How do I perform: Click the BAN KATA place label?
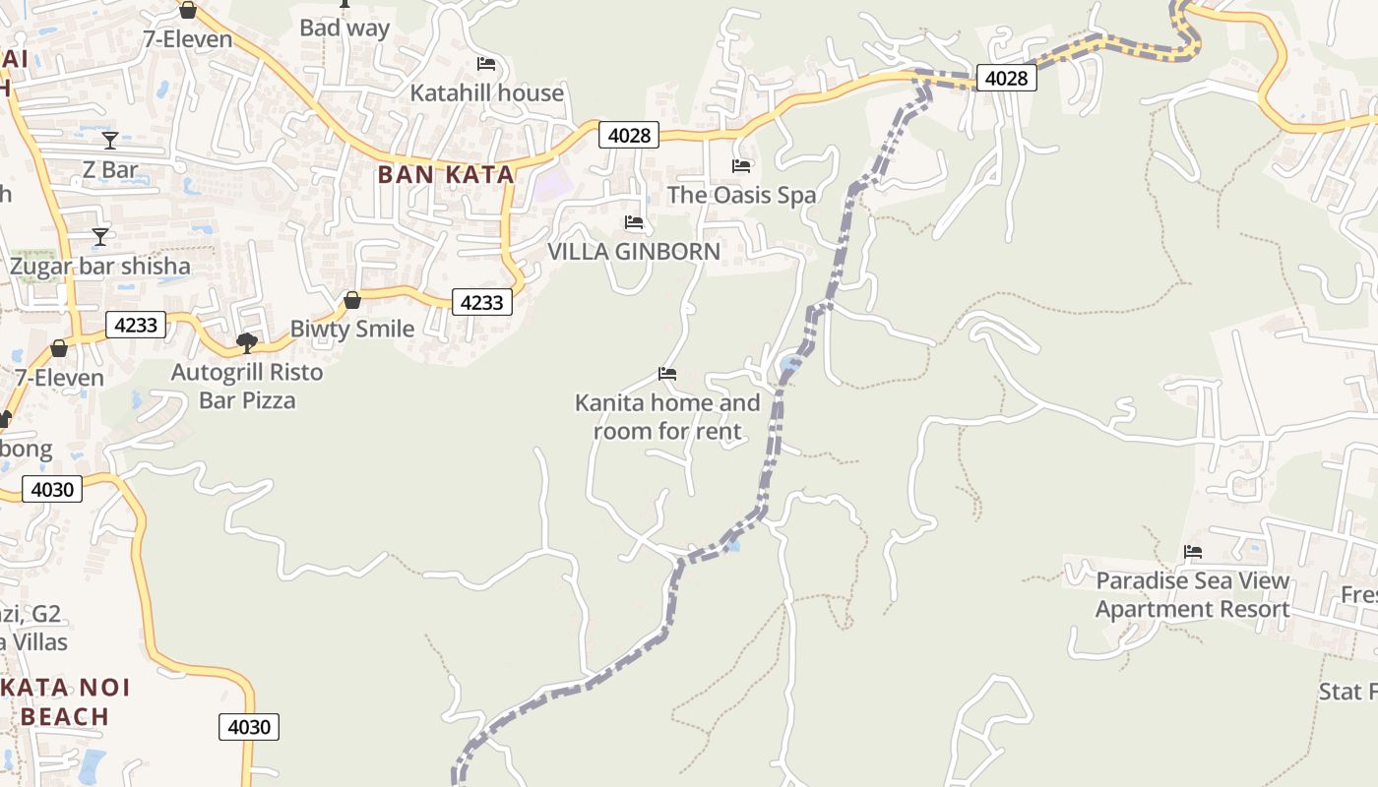click(x=446, y=175)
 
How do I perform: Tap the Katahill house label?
click(x=486, y=93)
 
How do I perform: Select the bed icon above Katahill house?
click(x=486, y=64)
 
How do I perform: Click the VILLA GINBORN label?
click(x=634, y=251)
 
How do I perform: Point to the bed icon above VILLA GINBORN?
click(x=634, y=222)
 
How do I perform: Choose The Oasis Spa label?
click(x=741, y=195)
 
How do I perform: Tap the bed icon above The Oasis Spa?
click(x=741, y=166)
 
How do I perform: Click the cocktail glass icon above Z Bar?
click(x=110, y=140)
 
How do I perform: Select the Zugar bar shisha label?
click(x=100, y=266)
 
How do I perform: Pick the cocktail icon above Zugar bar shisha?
click(x=100, y=236)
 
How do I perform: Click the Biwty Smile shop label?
click(x=351, y=329)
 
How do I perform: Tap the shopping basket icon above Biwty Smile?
click(x=351, y=299)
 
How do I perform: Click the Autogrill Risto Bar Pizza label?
click(x=247, y=387)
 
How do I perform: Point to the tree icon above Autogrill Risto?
click(x=247, y=342)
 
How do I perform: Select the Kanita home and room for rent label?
click(x=667, y=417)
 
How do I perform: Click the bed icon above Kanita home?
click(x=667, y=374)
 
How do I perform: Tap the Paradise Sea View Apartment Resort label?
click(x=1192, y=595)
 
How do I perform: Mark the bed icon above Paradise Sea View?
click(x=1193, y=552)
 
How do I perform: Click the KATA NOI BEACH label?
click(x=65, y=701)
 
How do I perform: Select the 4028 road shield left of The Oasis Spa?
click(x=629, y=135)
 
